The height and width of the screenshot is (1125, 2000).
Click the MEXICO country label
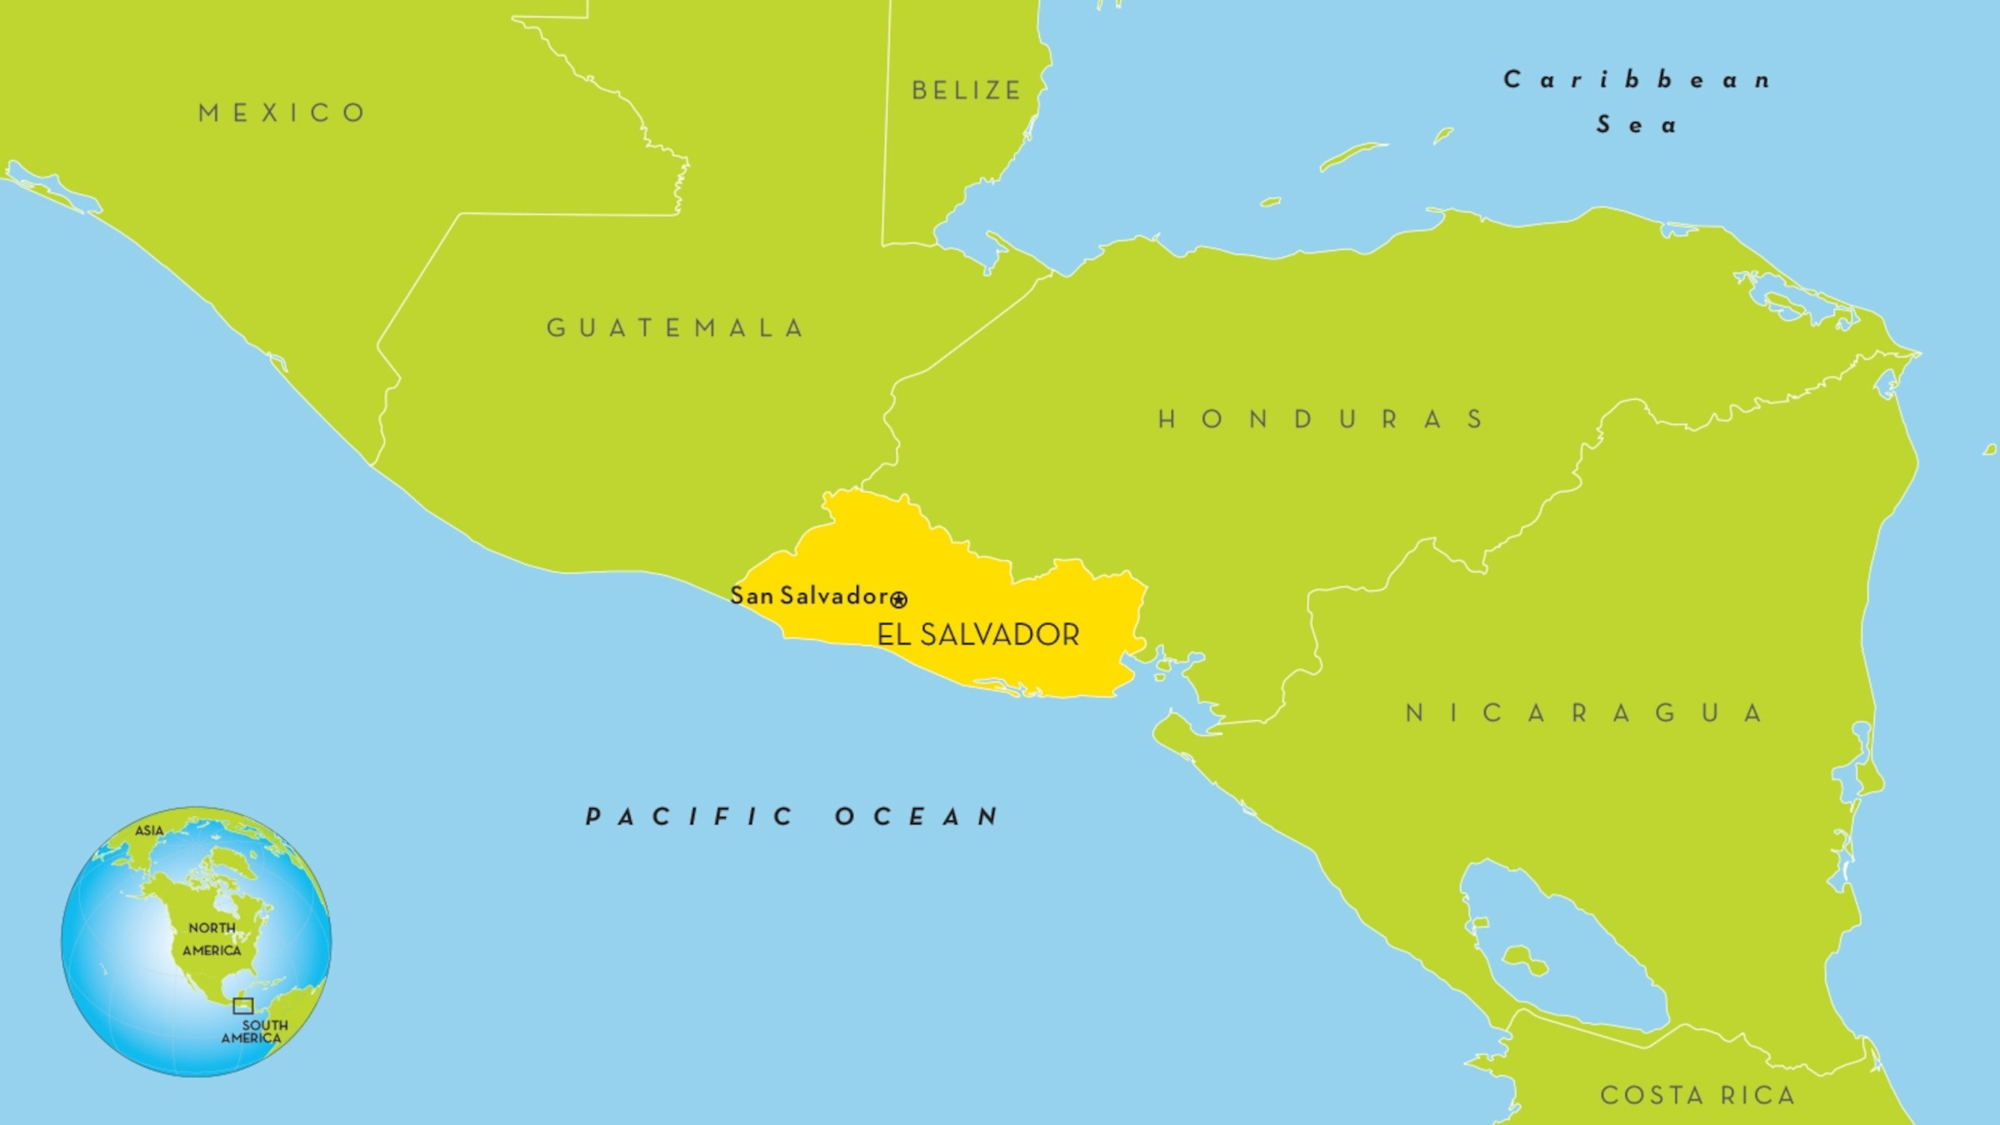point(282,112)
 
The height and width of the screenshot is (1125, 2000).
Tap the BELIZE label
point(967,90)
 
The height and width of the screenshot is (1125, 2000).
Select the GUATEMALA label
point(675,327)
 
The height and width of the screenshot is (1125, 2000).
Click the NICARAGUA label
point(1583,712)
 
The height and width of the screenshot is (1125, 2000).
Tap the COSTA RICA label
point(1697,1094)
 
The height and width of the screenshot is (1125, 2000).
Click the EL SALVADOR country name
point(977,635)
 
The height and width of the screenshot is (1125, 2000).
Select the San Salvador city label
point(808,595)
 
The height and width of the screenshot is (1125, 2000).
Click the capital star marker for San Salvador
point(898,599)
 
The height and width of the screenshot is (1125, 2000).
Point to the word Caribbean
point(1637,80)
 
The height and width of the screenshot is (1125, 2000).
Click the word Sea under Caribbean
point(1636,125)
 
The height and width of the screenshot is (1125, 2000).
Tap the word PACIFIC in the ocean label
point(690,816)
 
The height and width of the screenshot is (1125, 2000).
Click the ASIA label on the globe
point(149,830)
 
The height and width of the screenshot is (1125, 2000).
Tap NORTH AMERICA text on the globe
point(212,939)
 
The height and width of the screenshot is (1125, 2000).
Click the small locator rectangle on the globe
point(242,1005)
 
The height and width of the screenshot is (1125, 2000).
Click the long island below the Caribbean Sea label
point(1352,155)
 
